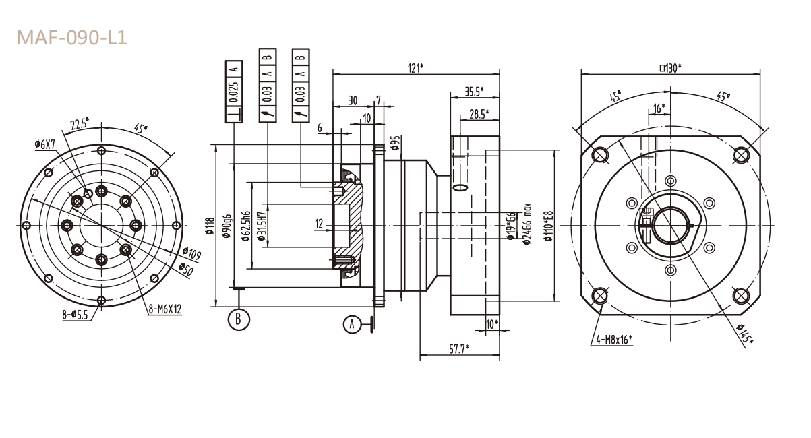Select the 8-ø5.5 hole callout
pyautogui.click(x=76, y=315)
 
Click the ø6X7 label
pyautogui.click(x=46, y=144)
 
